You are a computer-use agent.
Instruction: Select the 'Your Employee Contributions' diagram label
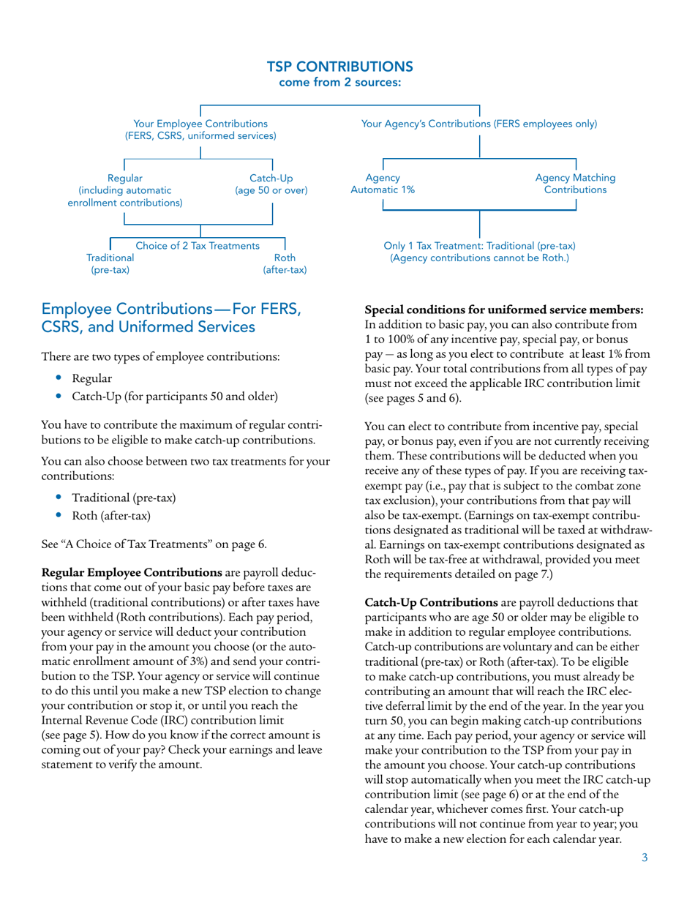click(x=200, y=124)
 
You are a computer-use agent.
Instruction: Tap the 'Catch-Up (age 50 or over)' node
click(x=271, y=184)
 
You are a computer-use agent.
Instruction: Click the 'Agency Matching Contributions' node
click(x=575, y=184)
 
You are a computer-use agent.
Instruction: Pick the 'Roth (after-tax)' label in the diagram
click(x=285, y=264)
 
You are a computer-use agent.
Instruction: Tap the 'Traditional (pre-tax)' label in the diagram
click(x=110, y=264)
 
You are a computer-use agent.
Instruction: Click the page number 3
click(x=645, y=858)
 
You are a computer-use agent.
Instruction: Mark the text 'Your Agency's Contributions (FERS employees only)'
click(x=479, y=124)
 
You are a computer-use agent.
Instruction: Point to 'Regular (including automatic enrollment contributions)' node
click(x=125, y=190)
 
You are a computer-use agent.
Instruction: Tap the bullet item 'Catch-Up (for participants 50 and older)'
click(x=174, y=397)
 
